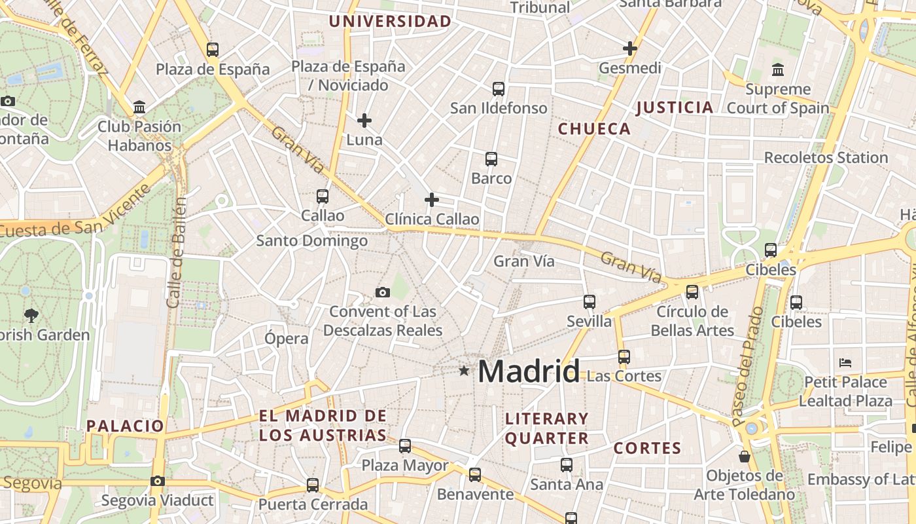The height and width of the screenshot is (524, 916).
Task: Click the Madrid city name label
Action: click(x=529, y=371)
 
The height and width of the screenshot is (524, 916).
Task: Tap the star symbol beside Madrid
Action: click(x=464, y=371)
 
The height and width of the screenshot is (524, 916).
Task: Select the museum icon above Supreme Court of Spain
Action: click(x=778, y=69)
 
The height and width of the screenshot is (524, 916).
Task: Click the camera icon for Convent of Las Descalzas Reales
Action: click(x=383, y=292)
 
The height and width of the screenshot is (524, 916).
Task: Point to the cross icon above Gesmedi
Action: click(x=630, y=48)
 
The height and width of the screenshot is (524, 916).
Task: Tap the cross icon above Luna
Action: click(x=364, y=121)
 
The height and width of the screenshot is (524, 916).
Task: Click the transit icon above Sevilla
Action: click(x=590, y=302)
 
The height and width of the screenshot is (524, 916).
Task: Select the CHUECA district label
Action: click(x=594, y=129)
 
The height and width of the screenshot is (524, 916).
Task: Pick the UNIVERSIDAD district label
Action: click(x=390, y=22)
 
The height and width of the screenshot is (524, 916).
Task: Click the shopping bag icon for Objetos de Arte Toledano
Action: click(x=744, y=457)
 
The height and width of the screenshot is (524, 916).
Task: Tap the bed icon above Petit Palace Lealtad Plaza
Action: click(x=845, y=362)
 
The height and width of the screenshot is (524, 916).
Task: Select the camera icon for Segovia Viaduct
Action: click(x=157, y=481)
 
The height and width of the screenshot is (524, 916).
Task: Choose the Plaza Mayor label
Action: click(x=405, y=466)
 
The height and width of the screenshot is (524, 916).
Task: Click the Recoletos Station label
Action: click(x=826, y=158)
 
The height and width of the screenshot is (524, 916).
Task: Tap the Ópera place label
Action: click(x=286, y=339)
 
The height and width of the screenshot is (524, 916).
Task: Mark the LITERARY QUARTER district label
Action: click(x=547, y=428)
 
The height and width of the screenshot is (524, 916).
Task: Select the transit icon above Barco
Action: click(x=491, y=159)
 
